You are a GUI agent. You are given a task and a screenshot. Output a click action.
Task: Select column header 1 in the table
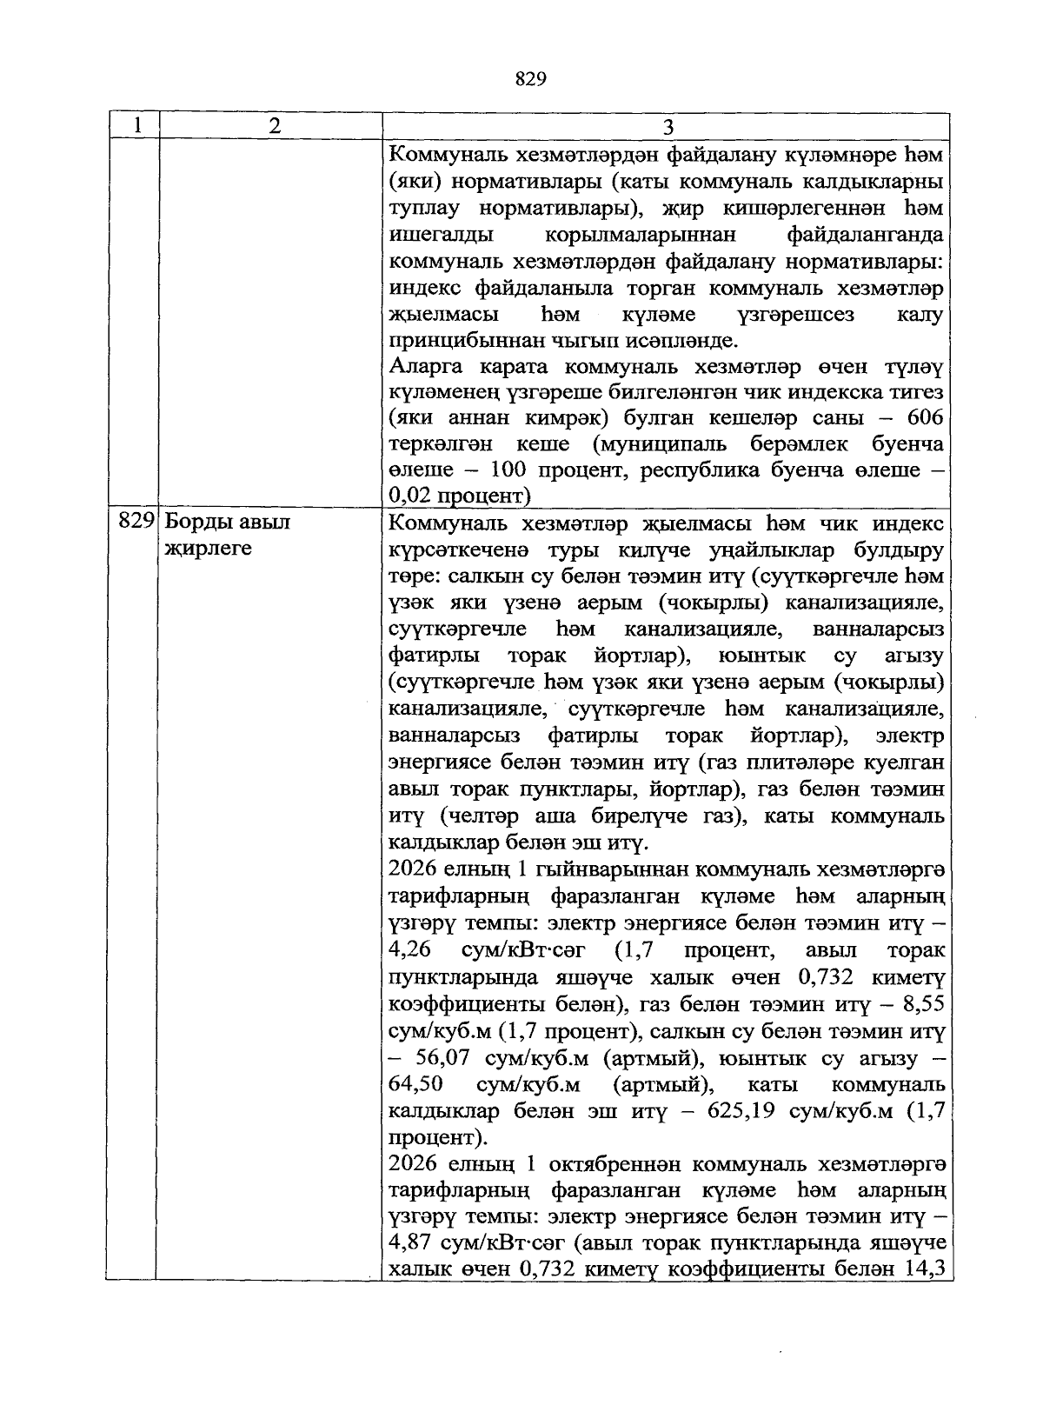click(x=137, y=126)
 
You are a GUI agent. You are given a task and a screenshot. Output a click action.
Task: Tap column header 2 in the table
click(x=275, y=126)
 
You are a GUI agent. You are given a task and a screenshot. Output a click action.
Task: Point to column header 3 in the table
click(x=668, y=127)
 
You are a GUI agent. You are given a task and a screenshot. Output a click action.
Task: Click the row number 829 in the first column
click(x=136, y=523)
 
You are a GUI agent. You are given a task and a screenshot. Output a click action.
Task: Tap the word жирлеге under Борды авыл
click(x=207, y=549)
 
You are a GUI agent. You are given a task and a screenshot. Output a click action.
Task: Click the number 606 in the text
click(x=925, y=418)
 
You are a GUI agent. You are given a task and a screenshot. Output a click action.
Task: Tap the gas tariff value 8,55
click(x=924, y=1004)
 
